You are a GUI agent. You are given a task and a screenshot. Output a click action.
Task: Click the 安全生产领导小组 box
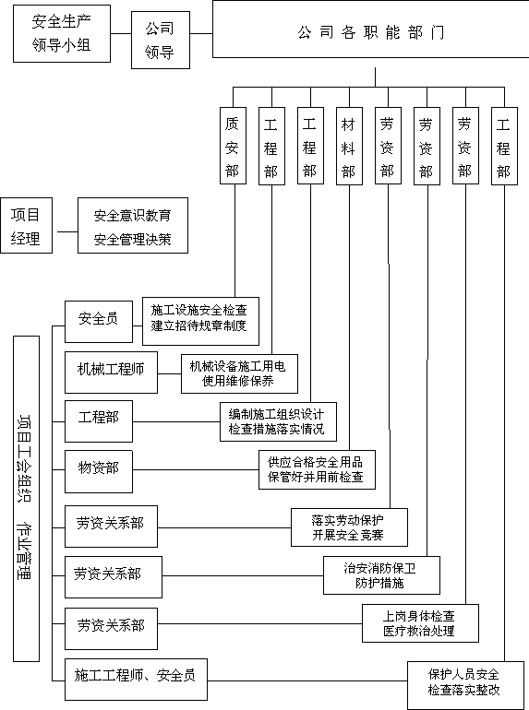[x=62, y=33]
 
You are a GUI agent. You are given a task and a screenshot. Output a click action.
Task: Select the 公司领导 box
[x=161, y=40]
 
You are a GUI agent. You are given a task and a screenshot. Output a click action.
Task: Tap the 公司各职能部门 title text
[x=371, y=32]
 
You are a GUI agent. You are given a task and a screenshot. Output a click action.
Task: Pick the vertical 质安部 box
[x=233, y=146]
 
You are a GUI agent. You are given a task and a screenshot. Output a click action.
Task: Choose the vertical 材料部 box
[x=349, y=146]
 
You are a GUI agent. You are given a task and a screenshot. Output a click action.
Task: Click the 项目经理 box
[x=26, y=226]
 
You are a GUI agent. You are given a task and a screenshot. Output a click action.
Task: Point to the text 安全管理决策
[x=132, y=239]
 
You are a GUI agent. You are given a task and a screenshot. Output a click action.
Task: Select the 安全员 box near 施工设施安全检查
[x=99, y=322]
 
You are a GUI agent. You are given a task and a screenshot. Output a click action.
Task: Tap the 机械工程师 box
[x=111, y=373]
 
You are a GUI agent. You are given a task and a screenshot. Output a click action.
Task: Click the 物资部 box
[x=99, y=471]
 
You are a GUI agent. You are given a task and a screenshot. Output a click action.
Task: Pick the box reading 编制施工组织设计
[x=278, y=421]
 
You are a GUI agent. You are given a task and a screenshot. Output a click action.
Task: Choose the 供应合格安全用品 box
[x=317, y=469]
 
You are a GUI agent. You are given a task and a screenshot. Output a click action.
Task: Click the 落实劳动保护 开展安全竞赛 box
[x=349, y=527]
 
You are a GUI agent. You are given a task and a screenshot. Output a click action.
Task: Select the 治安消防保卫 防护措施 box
[x=381, y=575]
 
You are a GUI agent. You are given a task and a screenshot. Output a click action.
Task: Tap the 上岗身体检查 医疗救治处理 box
[x=420, y=623]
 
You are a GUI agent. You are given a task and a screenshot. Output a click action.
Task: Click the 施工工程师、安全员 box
[x=136, y=680]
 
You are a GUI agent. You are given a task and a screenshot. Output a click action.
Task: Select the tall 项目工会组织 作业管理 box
[x=26, y=499]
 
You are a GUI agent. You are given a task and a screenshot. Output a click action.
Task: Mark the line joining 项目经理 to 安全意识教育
[x=67, y=231]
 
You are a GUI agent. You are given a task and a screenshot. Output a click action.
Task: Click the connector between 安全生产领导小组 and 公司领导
[x=121, y=33]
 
